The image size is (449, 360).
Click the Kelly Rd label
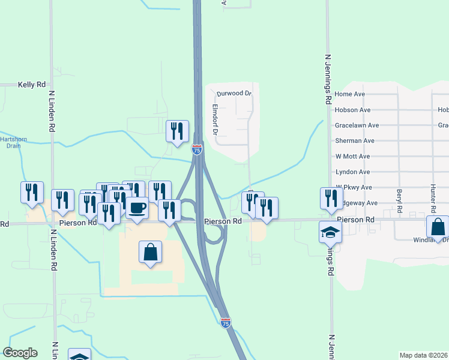point(32,85)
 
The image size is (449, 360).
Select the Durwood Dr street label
point(234,94)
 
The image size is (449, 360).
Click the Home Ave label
point(350,94)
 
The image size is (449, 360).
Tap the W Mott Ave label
point(352,156)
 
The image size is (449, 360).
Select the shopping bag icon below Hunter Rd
point(438,227)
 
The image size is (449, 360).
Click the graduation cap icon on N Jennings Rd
point(330,232)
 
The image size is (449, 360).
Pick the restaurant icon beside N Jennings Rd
point(331,198)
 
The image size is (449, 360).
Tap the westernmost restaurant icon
point(32,192)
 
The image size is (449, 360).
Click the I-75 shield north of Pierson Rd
point(197,149)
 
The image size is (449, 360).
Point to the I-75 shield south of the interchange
point(225,323)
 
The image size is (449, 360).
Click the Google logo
point(20,353)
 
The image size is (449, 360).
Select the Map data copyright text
point(423,355)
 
